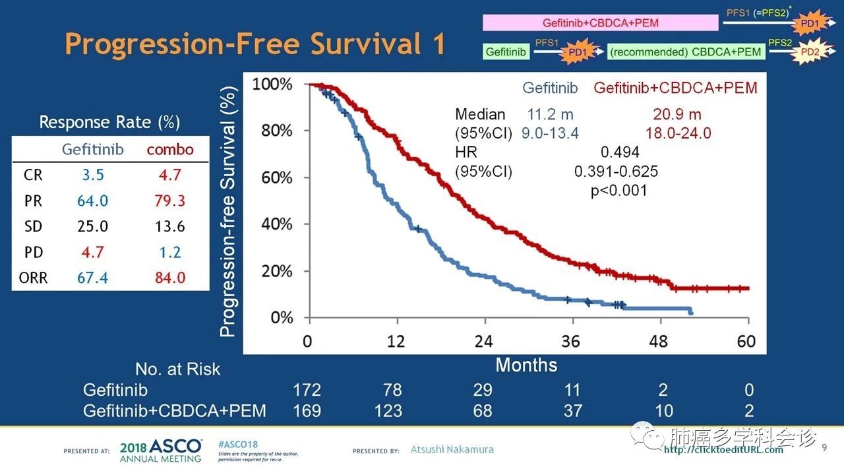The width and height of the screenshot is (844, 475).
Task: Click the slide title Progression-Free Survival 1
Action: pyautogui.click(x=255, y=45)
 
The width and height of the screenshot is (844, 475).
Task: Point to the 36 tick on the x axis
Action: pyautogui.click(x=571, y=341)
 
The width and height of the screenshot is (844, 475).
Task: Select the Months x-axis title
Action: pyautogui.click(x=526, y=365)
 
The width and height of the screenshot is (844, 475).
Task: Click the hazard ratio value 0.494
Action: pyautogui.click(x=620, y=152)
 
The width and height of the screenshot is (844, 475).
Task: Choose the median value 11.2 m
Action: pyautogui.click(x=551, y=115)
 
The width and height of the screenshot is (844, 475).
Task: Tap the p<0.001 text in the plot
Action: pyautogui.click(x=618, y=191)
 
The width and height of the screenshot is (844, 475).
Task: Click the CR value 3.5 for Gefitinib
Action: pyautogui.click(x=92, y=175)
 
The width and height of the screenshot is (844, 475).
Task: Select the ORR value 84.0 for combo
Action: pyautogui.click(x=170, y=278)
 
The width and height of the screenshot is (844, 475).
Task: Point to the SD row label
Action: pyautogui.click(x=33, y=226)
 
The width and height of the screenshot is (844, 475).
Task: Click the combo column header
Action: pyautogui.click(x=170, y=149)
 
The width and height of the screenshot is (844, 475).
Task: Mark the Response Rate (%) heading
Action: pyautogui.click(x=109, y=122)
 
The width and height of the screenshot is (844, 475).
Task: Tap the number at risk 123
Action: pyautogui.click(x=388, y=411)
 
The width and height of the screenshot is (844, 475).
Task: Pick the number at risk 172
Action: pyautogui.click(x=307, y=390)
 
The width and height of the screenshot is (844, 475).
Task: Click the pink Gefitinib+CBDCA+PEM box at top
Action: pyautogui.click(x=600, y=23)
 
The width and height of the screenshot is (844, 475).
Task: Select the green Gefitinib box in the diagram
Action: pyautogui.click(x=506, y=51)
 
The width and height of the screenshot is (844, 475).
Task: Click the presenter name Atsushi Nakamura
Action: pyautogui.click(x=452, y=450)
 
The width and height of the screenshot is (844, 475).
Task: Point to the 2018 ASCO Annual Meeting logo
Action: pyautogui.click(x=161, y=450)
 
